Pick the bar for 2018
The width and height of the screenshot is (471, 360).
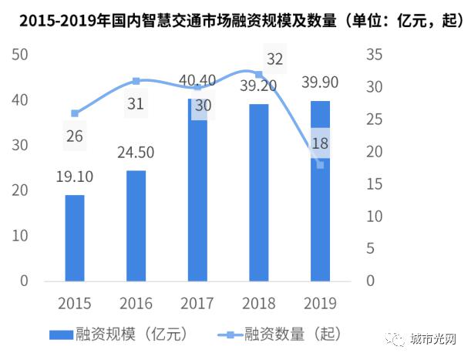point(259,192)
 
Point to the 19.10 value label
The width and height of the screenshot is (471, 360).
point(75,178)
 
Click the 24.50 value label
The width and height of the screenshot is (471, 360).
point(136,153)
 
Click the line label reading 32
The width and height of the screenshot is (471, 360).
point(274,59)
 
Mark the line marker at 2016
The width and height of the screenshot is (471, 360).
point(136,81)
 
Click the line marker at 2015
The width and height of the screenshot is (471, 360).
point(74,113)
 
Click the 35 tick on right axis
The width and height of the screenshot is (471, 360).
point(375,56)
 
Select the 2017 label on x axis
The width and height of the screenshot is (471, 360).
point(197,302)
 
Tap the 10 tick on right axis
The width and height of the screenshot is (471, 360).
point(375,217)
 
